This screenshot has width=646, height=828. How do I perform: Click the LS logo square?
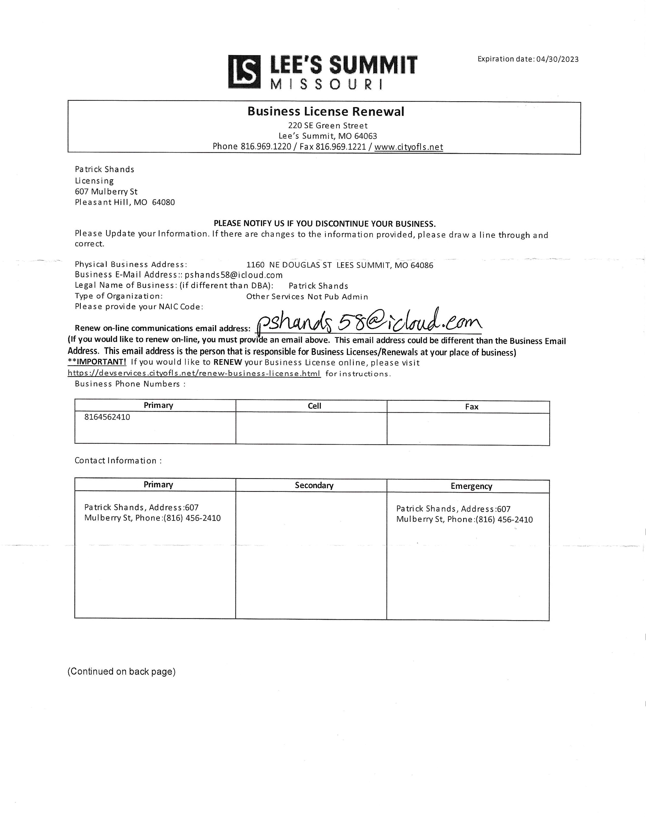[x=245, y=72]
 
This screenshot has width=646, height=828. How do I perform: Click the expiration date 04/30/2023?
[x=557, y=59]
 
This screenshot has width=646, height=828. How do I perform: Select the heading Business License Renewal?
[x=326, y=111]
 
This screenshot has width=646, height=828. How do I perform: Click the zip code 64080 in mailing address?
[x=163, y=202]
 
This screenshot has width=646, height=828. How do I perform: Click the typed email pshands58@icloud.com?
[x=233, y=275]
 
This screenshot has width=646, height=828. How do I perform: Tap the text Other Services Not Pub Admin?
[x=307, y=297]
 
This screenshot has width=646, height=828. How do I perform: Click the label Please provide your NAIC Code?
[x=139, y=307]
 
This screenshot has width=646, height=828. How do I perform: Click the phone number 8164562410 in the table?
[x=107, y=417]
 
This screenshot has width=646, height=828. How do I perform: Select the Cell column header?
[x=314, y=406]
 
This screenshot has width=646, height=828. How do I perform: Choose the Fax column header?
[x=471, y=407]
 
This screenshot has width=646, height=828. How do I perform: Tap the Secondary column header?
[x=314, y=486]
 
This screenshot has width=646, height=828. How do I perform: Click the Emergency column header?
[x=471, y=486]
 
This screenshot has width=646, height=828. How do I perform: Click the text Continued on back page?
[x=121, y=672]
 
